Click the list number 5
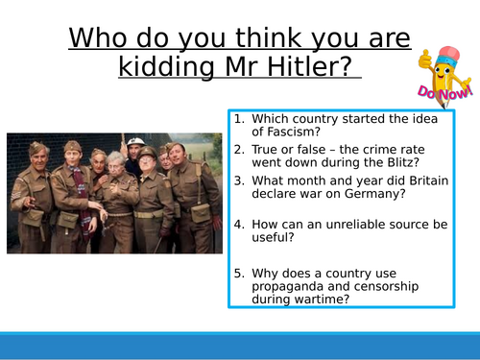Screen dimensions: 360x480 coord(238,270)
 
